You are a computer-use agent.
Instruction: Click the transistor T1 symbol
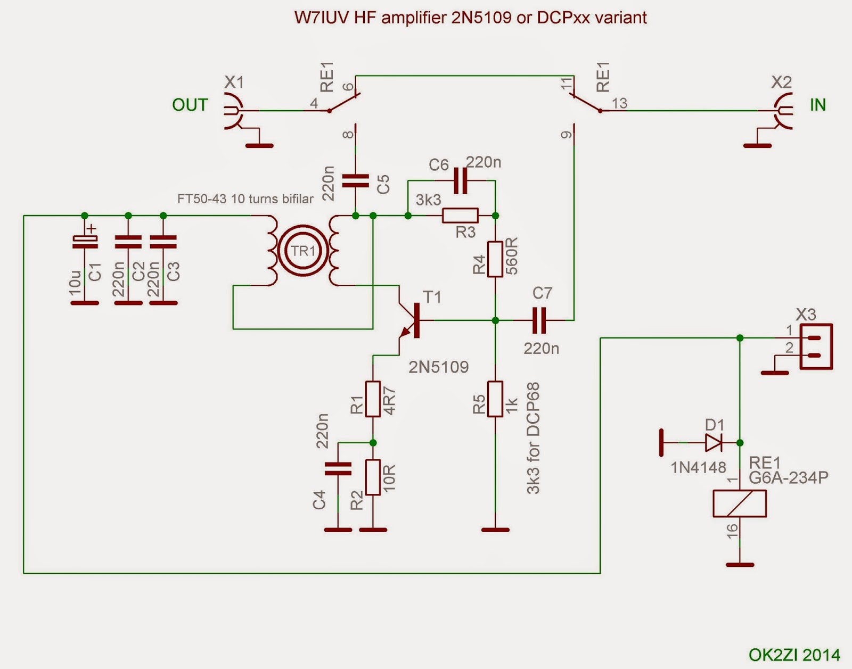click(411, 321)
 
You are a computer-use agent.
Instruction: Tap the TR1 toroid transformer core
click(302, 251)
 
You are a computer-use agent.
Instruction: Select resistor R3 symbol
click(461, 216)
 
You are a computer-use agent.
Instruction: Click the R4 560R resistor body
click(495, 259)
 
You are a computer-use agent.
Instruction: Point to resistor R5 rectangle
click(495, 399)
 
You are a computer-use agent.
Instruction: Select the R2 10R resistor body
click(373, 477)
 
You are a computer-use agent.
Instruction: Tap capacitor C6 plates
click(460, 181)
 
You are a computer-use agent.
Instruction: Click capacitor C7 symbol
click(539, 320)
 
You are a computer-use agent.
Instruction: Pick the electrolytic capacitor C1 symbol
click(85, 242)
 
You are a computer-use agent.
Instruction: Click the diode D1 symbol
click(713, 442)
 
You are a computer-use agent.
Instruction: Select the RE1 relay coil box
click(739, 503)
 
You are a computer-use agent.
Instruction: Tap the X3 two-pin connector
click(816, 347)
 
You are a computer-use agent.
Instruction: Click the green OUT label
click(190, 105)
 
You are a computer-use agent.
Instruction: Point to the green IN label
click(817, 105)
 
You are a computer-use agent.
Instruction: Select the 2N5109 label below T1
click(438, 367)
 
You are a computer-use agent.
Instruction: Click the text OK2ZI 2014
click(794, 655)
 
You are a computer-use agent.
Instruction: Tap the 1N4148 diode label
click(698, 467)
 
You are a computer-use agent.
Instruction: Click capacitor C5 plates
click(355, 181)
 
